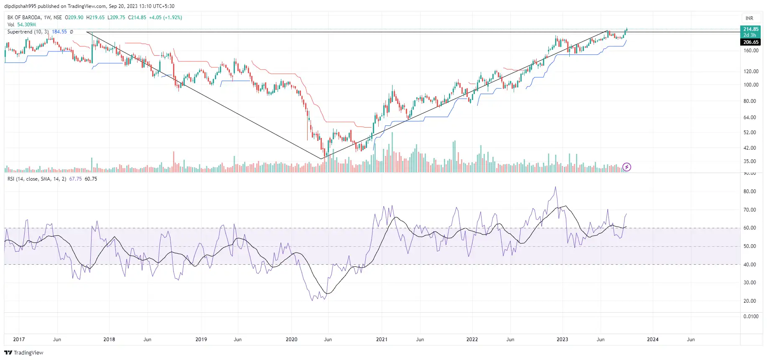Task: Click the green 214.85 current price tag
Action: tap(750, 29)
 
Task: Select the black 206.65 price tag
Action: tap(750, 42)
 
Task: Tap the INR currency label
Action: tap(749, 18)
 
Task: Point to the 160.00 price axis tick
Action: tap(751, 51)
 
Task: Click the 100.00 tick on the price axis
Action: tap(751, 85)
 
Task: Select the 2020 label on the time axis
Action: tap(291, 340)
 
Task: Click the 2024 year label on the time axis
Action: tap(652, 340)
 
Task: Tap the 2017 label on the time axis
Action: tap(19, 340)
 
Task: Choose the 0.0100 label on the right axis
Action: tap(751, 317)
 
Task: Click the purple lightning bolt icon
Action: tap(627, 167)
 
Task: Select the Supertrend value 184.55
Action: tap(59, 32)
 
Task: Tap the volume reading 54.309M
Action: tap(26, 25)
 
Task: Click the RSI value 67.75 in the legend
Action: tap(75, 179)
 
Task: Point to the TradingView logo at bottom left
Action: tap(24, 352)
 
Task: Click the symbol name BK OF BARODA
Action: tap(24, 18)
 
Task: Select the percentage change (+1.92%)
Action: tap(172, 18)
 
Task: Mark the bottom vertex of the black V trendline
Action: tap(321, 159)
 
